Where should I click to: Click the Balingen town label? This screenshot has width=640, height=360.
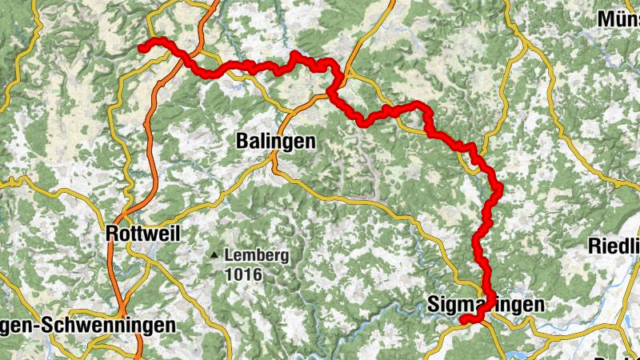276,142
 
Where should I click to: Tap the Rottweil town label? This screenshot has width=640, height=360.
143,234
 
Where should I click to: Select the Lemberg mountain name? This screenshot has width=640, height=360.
257,256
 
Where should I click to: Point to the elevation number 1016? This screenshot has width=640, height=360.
243,274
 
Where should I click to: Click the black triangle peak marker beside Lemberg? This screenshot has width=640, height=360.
214,256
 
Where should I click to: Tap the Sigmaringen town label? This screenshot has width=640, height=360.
486,305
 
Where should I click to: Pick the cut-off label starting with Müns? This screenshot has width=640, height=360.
620,18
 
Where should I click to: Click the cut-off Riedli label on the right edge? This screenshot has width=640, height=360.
614,245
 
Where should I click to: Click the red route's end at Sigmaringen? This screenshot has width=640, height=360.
463,321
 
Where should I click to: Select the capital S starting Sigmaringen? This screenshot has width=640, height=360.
434,305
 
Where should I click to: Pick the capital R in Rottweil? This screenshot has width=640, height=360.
112,234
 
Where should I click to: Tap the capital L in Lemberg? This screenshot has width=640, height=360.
230,256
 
